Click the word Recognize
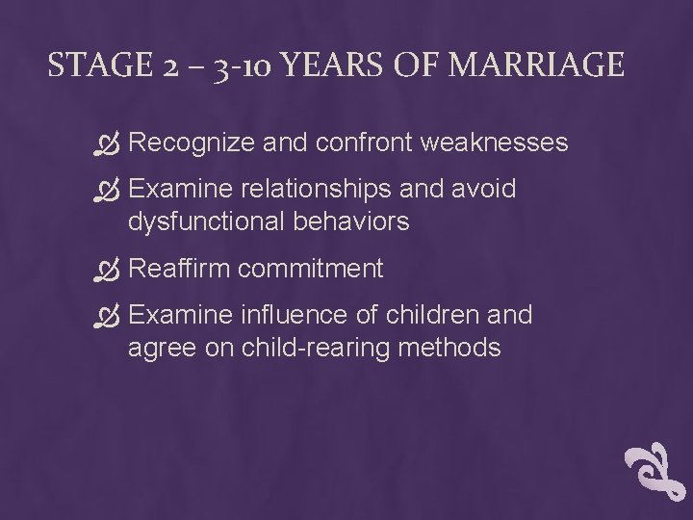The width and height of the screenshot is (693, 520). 191,143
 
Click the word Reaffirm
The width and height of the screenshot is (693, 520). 179,268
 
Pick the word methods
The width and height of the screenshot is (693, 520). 453,347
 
